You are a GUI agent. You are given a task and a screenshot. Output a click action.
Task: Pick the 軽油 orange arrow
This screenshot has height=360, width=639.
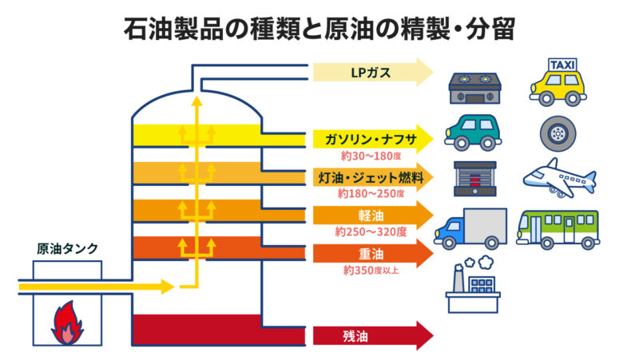[371, 216]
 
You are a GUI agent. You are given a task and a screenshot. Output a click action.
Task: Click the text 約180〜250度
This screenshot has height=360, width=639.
[371, 193]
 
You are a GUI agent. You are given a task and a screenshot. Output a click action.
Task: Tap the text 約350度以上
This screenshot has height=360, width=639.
[371, 270]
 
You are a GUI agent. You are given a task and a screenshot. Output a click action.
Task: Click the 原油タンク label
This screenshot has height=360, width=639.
[68, 248]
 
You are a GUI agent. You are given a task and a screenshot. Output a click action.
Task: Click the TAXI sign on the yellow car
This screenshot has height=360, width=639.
[560, 64]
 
